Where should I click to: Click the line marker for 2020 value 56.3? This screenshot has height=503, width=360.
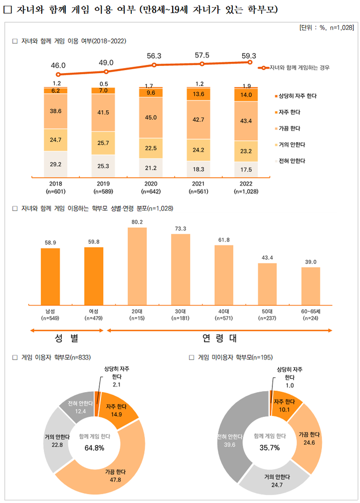[x=154, y=65]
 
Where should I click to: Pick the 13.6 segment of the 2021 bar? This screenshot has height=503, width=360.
[x=202, y=94]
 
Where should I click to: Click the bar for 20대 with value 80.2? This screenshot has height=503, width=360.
[x=137, y=265]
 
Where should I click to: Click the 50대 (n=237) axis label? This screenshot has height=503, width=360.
[x=267, y=314]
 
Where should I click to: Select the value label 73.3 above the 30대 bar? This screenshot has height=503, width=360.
[x=181, y=228]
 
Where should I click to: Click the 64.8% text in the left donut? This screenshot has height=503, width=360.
[x=94, y=447]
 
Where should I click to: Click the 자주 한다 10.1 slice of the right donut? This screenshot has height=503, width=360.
[x=284, y=406]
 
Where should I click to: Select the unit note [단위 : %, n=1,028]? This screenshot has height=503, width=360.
[x=325, y=27]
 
